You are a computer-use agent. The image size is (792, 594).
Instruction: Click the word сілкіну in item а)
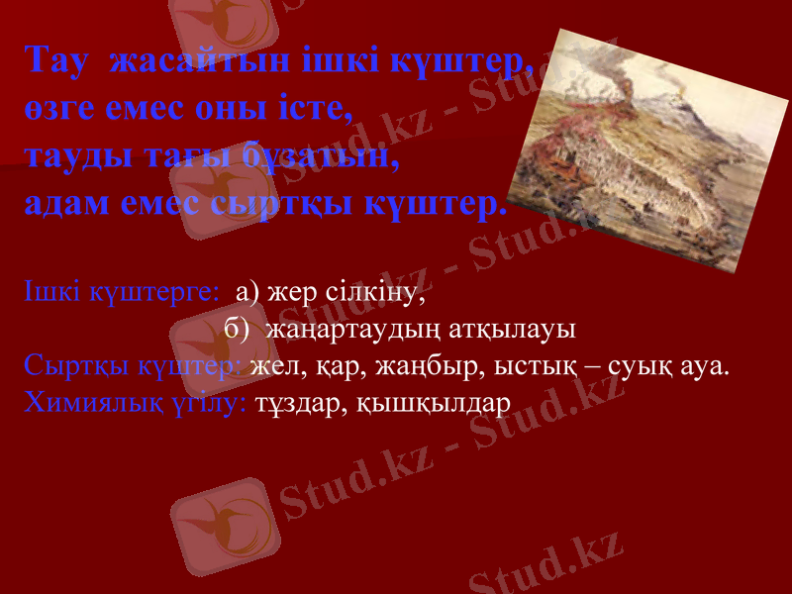pos(376,293)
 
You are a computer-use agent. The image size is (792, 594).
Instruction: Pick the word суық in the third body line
pos(643,367)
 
